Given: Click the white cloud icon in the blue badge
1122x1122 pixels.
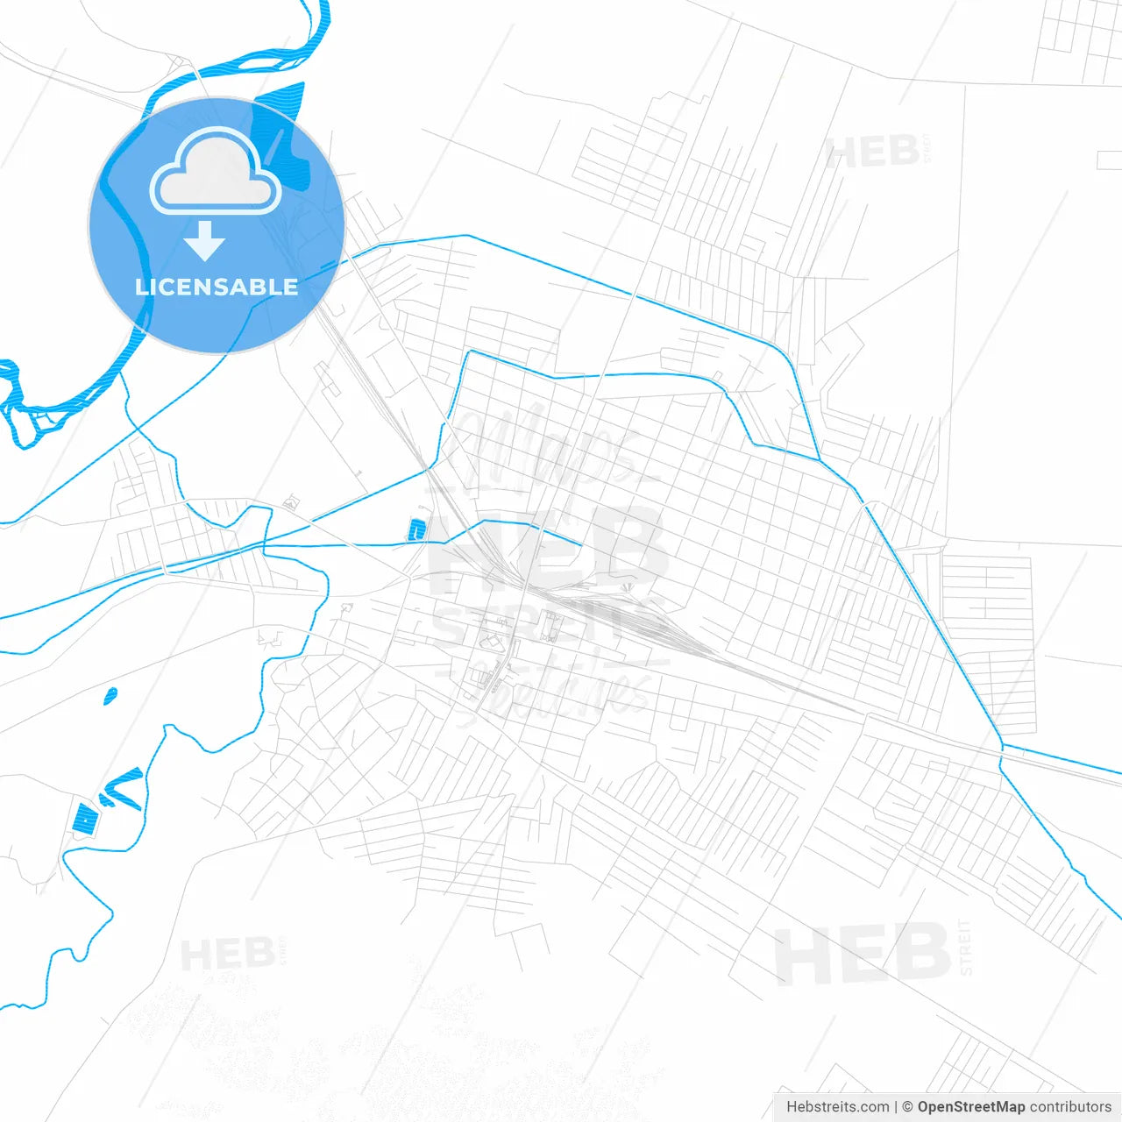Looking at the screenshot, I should point(216,172).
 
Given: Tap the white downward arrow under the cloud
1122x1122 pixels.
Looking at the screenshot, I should point(205,241).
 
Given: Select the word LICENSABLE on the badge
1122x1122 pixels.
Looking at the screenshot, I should point(217,287).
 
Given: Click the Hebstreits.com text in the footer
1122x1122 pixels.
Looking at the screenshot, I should point(837,1107).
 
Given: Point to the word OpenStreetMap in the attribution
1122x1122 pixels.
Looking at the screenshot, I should point(970,1107).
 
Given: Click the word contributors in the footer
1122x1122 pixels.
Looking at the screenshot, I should point(1069,1107).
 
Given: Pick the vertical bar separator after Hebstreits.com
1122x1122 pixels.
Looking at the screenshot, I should point(896,1107).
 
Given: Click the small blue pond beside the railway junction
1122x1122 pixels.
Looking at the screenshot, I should point(415,529).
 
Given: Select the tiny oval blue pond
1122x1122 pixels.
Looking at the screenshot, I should point(110,696).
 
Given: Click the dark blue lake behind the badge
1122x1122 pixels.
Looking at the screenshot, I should point(282,131).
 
